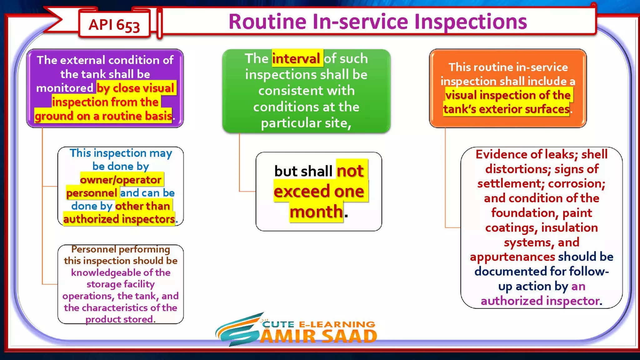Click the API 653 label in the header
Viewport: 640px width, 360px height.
point(114,25)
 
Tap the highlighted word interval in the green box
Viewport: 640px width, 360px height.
point(296,58)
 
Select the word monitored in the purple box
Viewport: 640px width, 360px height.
point(65,88)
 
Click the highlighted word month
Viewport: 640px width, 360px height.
point(316,212)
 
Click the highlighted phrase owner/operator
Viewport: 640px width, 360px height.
point(121,179)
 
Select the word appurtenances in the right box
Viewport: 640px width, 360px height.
point(512,257)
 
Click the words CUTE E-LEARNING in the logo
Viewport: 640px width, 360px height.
point(319,324)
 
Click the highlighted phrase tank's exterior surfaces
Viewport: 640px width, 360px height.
point(506,109)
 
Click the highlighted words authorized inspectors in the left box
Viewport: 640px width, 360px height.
point(119,219)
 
